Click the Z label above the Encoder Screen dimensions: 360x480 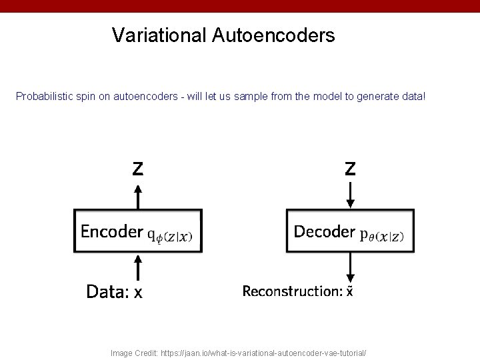[137, 169]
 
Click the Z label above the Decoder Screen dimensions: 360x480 [350, 169]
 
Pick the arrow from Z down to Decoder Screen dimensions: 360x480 [350, 195]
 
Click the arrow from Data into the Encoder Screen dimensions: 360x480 [137, 267]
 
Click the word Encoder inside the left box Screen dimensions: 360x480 [111, 231]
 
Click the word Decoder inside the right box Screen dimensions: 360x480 [324, 231]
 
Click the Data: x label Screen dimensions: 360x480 [114, 291]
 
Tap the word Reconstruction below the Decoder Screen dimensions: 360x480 [291, 291]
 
